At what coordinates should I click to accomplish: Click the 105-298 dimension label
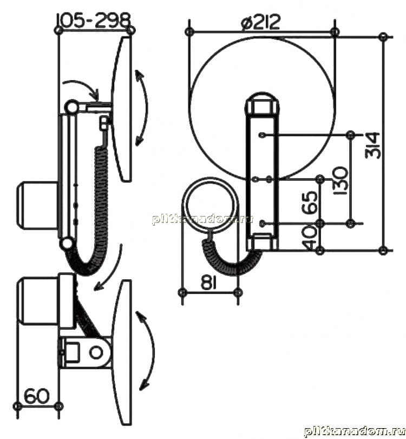click(x=94, y=21)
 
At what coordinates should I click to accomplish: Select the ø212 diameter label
click(x=260, y=22)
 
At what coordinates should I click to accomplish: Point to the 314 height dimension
click(x=372, y=145)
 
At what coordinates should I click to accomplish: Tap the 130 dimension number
click(x=340, y=181)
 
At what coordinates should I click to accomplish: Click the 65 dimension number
click(x=311, y=202)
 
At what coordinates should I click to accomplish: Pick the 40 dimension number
click(x=311, y=237)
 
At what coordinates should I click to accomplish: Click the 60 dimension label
click(x=37, y=396)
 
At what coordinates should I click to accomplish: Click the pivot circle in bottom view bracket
click(x=96, y=353)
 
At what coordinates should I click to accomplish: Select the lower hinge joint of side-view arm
click(x=67, y=244)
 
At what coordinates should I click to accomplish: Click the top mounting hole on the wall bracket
click(x=263, y=135)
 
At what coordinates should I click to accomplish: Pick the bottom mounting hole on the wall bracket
click(x=263, y=224)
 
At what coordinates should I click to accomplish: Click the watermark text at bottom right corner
click(x=355, y=431)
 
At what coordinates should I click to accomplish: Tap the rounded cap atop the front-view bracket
click(x=262, y=103)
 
